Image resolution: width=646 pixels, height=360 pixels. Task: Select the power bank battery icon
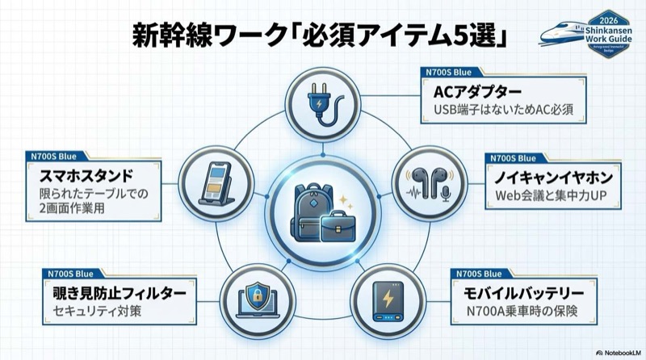pyautogui.click(x=387, y=297)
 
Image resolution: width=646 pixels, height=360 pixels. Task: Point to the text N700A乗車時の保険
pyautogui.click(x=510, y=310)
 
